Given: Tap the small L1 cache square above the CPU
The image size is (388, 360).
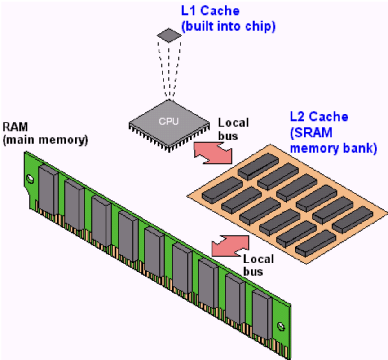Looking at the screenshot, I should tap(168, 35).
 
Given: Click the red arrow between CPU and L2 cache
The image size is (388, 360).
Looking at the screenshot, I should tap(212, 153).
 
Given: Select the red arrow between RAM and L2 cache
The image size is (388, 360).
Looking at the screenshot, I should tap(230, 244).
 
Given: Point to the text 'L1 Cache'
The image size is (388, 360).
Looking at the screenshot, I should tap(210, 11).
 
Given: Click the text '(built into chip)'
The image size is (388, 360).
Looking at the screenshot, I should tap(228, 26).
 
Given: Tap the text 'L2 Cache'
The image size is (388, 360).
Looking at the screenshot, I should tap(319, 117).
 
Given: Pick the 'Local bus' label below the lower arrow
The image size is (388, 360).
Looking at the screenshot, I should tap(259, 265).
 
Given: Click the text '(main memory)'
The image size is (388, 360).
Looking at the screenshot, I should tap(45, 140).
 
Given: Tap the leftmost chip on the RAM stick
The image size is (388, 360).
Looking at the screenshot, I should tap(48, 188).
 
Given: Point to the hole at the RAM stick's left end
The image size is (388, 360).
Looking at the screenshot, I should tap(30, 178).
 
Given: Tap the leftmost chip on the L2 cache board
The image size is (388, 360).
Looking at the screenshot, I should tap(222, 189).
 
